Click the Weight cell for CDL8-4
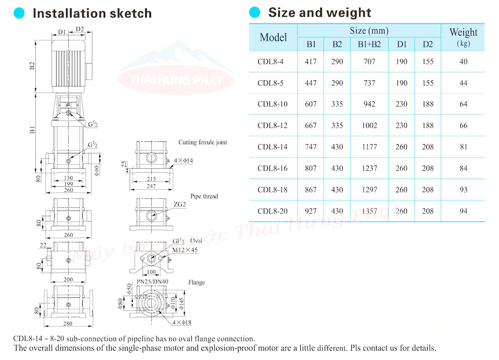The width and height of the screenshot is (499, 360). [463, 62]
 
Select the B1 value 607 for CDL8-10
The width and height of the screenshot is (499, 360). [311, 104]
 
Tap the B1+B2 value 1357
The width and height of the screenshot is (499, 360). [369, 211]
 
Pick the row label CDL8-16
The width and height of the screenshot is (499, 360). [272, 168]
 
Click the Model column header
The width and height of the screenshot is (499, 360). [273, 37]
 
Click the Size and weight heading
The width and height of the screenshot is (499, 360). [319, 12]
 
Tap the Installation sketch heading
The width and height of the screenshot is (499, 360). [92, 13]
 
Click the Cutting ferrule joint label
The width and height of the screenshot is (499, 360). [203, 143]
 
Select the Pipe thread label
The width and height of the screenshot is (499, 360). [204, 196]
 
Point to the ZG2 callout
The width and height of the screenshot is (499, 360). [180, 205]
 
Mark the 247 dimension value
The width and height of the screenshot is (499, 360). [151, 186]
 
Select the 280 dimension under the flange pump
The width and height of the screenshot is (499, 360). [68, 323]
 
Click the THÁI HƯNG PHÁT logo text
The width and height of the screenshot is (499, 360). [177, 80]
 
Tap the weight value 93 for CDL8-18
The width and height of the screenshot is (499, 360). [463, 190]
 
